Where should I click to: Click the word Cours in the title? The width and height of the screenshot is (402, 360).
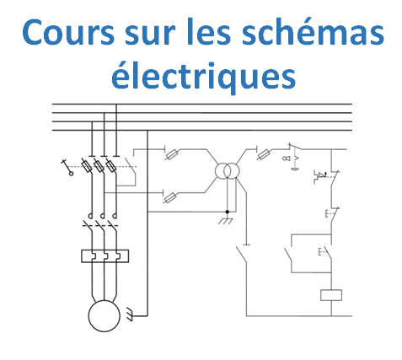[x=68, y=32]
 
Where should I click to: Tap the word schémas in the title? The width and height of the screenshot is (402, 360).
[x=313, y=31]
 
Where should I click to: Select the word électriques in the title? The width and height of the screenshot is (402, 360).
[x=203, y=76]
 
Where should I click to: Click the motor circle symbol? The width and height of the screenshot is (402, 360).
[x=105, y=316]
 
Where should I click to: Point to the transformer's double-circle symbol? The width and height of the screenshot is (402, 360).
[x=228, y=170]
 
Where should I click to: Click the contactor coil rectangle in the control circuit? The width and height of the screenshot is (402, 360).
[x=331, y=295]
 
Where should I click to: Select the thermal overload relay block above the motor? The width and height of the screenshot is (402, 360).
[x=105, y=256]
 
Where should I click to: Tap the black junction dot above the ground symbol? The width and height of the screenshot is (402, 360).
[x=228, y=212]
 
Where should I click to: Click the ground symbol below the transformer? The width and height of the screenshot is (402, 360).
[x=226, y=221]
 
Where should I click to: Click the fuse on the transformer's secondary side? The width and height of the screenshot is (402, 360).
[x=264, y=154]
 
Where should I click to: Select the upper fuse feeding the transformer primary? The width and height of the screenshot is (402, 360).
[x=171, y=154]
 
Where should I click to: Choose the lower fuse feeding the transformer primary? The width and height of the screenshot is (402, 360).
[x=169, y=198]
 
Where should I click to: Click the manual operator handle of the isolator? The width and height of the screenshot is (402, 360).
[x=67, y=167]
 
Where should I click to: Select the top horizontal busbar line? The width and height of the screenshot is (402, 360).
[x=202, y=104]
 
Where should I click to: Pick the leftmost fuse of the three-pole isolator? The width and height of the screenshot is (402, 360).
[x=86, y=166]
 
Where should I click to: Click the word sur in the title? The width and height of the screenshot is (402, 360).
[x=150, y=35]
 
